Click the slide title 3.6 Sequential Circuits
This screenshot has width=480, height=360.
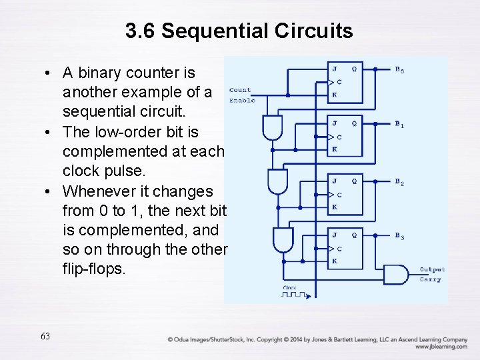point(239,31)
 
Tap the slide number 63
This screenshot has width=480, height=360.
point(45,336)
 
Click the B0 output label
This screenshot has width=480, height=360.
point(399,70)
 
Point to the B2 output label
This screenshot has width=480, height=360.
point(399,182)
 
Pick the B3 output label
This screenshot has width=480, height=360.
point(399,236)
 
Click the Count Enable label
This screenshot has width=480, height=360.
point(241,95)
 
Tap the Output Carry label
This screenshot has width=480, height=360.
point(431,275)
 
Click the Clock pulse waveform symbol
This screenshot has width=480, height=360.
point(293,293)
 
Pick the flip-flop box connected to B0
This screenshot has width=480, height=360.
point(345,83)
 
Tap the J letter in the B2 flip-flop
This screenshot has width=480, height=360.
point(334,180)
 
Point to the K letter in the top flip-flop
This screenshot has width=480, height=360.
point(334,95)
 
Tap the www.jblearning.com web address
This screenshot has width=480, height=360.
point(441,347)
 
